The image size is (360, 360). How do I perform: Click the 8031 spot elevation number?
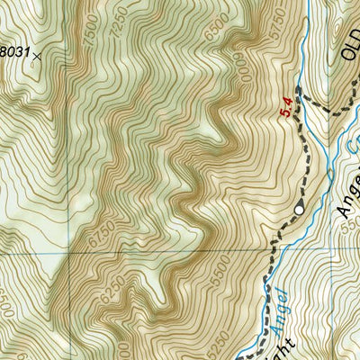pyautogui.click(x=13, y=51)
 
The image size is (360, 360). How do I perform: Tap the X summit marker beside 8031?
pyautogui.click(x=36, y=56)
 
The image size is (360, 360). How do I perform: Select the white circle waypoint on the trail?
pyautogui.click(x=299, y=211)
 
